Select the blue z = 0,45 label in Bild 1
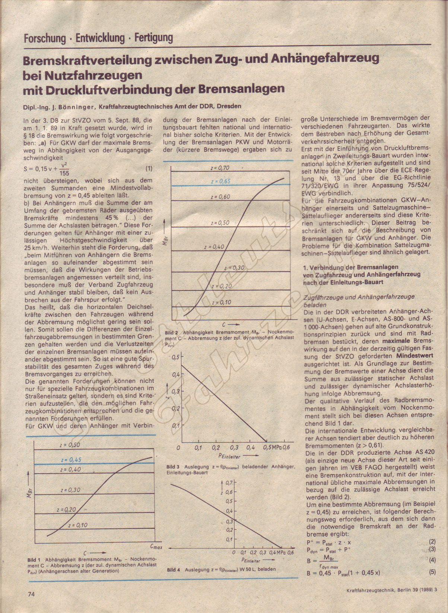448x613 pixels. tap(71, 460)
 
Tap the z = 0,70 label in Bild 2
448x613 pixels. tap(220, 168)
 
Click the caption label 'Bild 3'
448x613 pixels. tap(173, 467)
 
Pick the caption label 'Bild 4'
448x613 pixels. tap(174, 569)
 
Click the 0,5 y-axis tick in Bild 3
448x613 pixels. tap(175, 358)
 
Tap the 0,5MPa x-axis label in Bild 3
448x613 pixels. tap(273, 447)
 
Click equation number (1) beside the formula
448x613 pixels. tap(149, 168)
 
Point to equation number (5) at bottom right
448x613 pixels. tap(432, 572)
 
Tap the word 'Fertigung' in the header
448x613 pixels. tap(154, 38)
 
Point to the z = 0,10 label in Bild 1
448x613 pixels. tap(78, 525)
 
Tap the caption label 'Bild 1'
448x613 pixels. tap(34, 559)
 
